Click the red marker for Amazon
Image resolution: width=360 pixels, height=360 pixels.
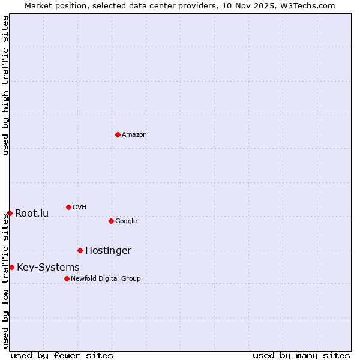[118, 134]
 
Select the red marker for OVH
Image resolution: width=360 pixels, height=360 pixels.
[68, 207]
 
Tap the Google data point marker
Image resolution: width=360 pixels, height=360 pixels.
[111, 221]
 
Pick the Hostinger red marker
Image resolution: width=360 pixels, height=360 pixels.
[80, 250]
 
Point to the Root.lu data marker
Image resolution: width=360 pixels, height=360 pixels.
[10, 213]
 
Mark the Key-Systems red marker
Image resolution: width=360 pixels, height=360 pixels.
[11, 267]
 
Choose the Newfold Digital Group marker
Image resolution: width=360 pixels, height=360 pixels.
[67, 278]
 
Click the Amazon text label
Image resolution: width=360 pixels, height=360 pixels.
[134, 135]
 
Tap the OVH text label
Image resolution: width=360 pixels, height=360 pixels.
[80, 208]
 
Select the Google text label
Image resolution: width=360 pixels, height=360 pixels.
[126, 221]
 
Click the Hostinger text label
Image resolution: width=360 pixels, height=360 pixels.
[108, 251]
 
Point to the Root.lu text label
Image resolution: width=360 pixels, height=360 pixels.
[32, 214]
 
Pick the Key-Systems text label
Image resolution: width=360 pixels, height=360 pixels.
[48, 268]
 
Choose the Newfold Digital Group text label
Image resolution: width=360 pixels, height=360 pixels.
[106, 279]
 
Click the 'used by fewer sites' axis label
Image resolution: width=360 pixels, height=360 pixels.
[62, 355]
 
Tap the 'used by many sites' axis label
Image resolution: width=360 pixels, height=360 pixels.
[301, 355]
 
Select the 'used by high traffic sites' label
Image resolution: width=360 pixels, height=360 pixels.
[5, 85]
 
